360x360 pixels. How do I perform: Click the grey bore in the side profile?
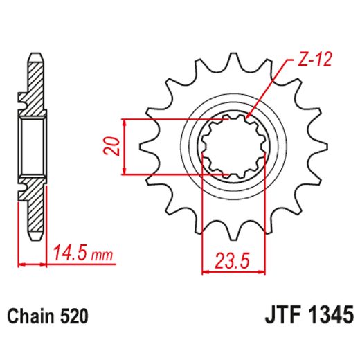coord(32,146)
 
